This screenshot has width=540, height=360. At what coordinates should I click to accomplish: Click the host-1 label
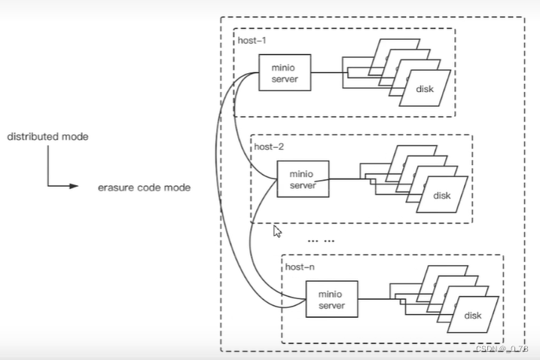tap(252, 41)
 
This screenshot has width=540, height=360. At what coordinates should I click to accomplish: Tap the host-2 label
tap(269, 147)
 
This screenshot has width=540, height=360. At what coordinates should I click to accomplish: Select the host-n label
tap(300, 267)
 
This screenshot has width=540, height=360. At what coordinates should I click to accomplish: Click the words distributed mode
tap(48, 137)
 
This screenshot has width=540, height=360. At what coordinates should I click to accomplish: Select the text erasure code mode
tap(144, 188)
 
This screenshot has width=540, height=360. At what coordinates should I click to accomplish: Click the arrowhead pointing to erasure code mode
tap(74, 186)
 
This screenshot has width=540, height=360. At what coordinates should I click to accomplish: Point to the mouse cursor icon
tap(278, 231)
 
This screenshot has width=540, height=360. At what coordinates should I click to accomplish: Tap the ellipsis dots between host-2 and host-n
tap(321, 241)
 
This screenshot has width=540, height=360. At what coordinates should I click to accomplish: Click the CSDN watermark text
tap(502, 349)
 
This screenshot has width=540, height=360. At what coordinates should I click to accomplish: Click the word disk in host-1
tap(425, 89)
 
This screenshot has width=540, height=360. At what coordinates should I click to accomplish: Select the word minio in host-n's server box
tap(331, 294)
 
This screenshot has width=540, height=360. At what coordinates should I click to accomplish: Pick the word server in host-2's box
tap(303, 185)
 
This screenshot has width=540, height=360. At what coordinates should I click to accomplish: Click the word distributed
tap(33, 137)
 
